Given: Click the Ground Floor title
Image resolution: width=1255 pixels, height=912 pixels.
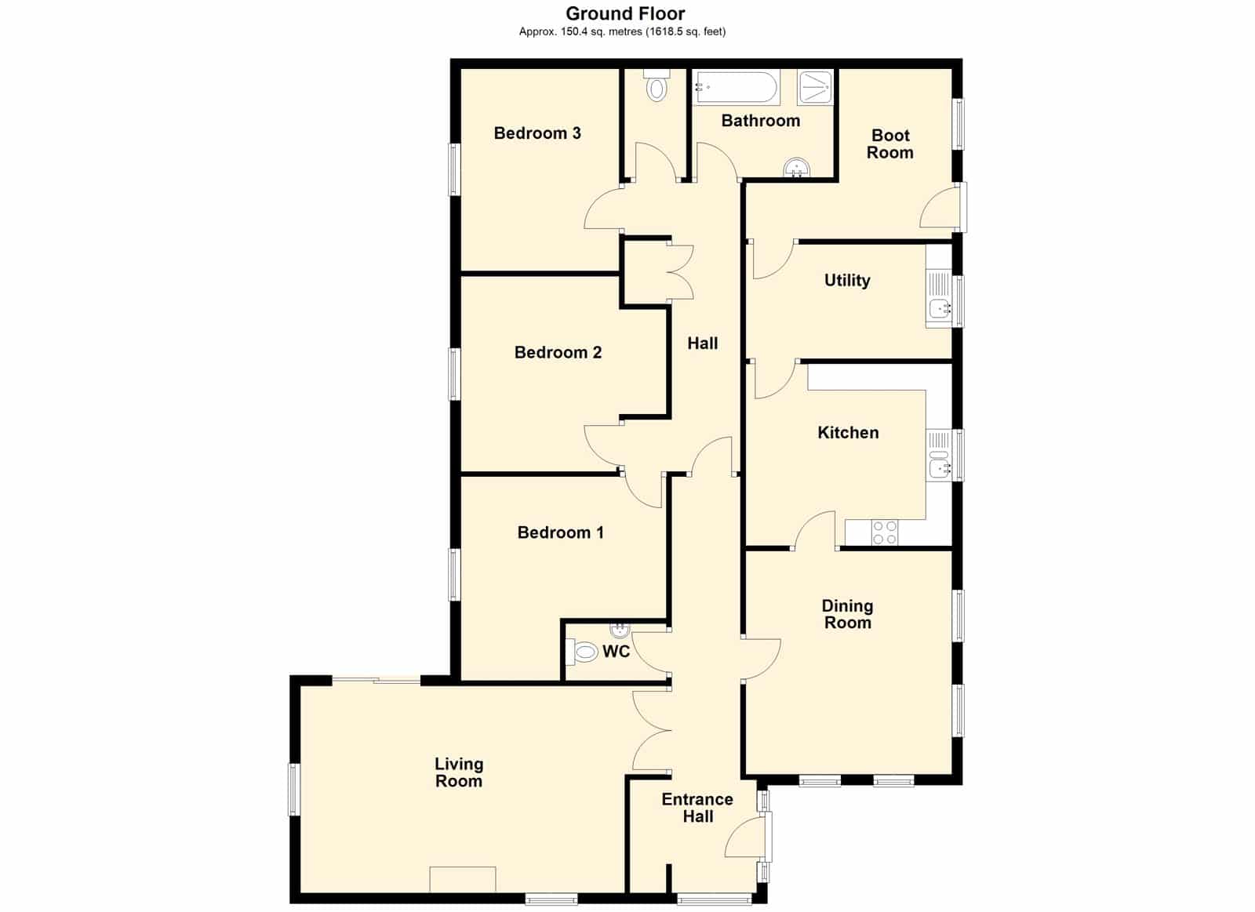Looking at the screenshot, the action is coord(625,13).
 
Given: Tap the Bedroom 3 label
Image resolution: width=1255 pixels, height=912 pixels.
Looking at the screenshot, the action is coord(537,133).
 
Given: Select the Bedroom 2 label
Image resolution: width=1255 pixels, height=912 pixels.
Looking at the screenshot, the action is coord(558,352).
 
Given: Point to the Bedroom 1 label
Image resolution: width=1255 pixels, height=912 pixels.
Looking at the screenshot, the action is coord(560,532).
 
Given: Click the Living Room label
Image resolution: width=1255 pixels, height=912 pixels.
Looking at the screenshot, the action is coord(459,772).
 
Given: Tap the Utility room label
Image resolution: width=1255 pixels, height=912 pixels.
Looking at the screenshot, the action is coord(847,281).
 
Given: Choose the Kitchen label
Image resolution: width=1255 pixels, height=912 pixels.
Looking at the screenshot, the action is coord(848,432).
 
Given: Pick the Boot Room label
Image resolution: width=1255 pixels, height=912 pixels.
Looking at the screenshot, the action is coord(890,144).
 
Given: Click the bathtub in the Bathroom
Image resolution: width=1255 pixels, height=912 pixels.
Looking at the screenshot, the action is coord(737,87).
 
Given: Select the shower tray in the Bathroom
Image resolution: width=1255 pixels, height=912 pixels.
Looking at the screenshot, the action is coord(815,87).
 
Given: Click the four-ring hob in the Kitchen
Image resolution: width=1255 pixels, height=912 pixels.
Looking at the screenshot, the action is coord(885,532).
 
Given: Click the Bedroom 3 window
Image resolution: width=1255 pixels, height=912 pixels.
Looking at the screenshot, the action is coord(454,169).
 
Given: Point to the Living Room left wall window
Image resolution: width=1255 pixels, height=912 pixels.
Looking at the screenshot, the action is coord(295,790).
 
